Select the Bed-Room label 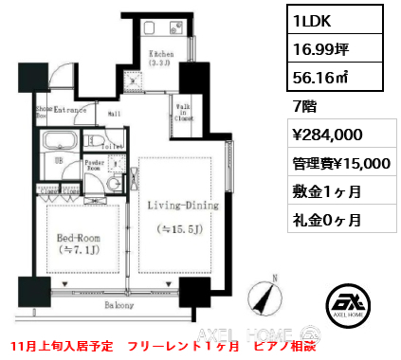(79, 242)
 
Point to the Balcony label (118, 305)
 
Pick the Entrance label (72, 110)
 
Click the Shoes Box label (42, 111)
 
